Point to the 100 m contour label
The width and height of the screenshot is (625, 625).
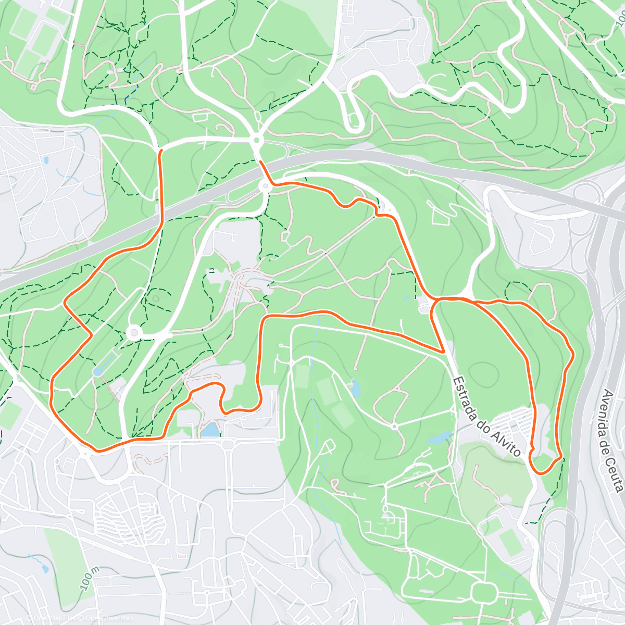coord(90,579)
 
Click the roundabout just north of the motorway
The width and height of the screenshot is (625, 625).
coord(256,140)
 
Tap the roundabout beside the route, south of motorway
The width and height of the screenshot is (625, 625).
coord(265,185)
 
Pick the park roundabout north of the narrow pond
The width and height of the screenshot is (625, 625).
coord(134,332)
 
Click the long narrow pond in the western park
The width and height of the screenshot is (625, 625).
coord(104,362)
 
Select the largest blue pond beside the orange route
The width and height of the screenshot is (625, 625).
coord(210,430)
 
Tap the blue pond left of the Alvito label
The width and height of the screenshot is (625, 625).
coord(439,436)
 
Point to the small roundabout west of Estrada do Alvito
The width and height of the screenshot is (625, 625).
coord(394,427)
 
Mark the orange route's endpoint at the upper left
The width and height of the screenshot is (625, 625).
coord(160,151)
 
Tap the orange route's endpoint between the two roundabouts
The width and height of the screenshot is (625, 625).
coord(260,162)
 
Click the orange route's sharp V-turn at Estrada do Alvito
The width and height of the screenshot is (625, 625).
coord(443,351)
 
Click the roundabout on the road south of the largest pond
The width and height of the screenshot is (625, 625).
coord(229,444)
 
